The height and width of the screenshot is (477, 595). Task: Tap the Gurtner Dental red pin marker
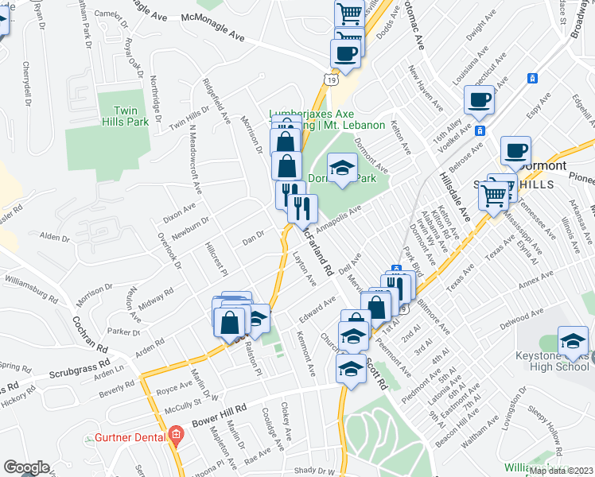point(176,436)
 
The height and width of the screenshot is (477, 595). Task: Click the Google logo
point(26,467)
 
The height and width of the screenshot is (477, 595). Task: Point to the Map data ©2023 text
point(561,471)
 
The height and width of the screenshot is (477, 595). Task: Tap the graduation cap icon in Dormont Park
point(342,167)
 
